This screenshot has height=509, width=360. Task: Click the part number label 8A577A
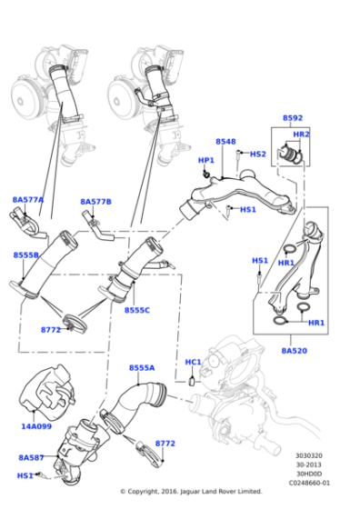click(x=28, y=199)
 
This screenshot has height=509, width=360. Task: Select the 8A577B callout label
click(x=95, y=202)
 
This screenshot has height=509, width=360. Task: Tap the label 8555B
click(x=26, y=255)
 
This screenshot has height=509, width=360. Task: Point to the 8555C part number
click(x=137, y=311)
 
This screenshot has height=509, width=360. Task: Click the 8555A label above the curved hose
click(x=141, y=368)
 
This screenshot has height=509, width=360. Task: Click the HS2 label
click(x=258, y=154)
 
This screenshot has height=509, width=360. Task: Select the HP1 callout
click(x=206, y=160)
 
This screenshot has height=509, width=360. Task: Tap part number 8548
click(x=225, y=142)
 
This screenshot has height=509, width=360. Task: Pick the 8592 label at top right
click(x=293, y=119)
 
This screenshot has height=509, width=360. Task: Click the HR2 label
click(x=301, y=135)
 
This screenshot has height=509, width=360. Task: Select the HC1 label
click(x=194, y=363)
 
